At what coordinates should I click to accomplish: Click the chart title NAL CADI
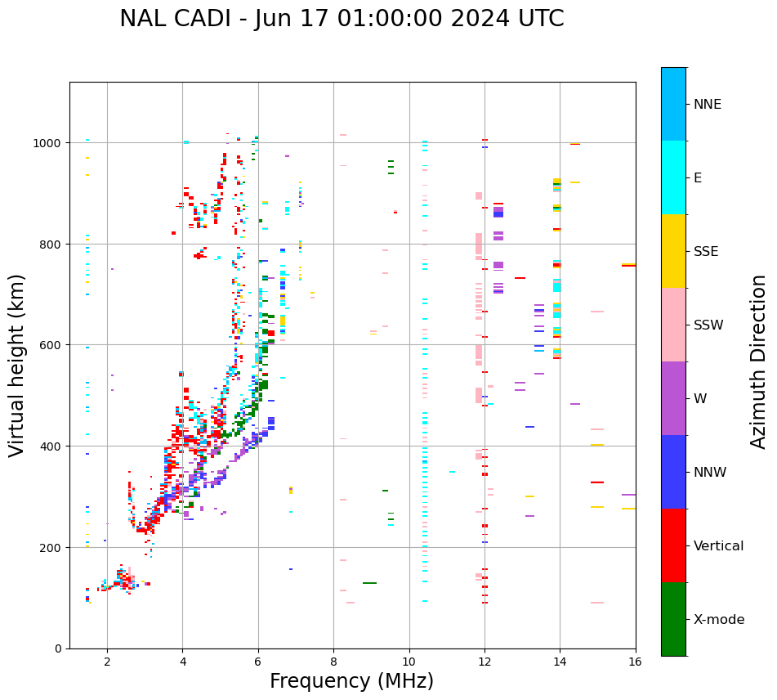pos(342,19)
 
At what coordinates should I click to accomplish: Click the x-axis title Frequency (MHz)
pos(351,681)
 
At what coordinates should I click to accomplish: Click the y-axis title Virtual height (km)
pos(17,365)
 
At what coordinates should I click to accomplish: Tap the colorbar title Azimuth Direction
pos(759,361)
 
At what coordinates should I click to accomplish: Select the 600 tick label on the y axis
pos(53,345)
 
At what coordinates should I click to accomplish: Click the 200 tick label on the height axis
pos(53,547)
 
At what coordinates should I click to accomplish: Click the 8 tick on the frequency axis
pos(333,662)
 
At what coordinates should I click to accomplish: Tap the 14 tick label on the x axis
pos(560,662)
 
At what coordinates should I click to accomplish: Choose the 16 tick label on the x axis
pos(635,662)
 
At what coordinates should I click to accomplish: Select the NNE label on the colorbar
pos(708,105)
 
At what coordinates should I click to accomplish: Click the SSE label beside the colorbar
pos(706,252)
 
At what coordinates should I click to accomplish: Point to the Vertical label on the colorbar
pos(718,546)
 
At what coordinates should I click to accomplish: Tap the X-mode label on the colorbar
pos(719,620)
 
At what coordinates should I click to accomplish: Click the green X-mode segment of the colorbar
pos(673,619)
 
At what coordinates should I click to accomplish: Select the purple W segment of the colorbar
pos(673,398)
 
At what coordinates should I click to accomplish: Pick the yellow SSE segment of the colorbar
pos(673,251)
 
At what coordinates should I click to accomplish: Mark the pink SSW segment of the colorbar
pos(673,325)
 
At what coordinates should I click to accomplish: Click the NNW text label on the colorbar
pos(709,473)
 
